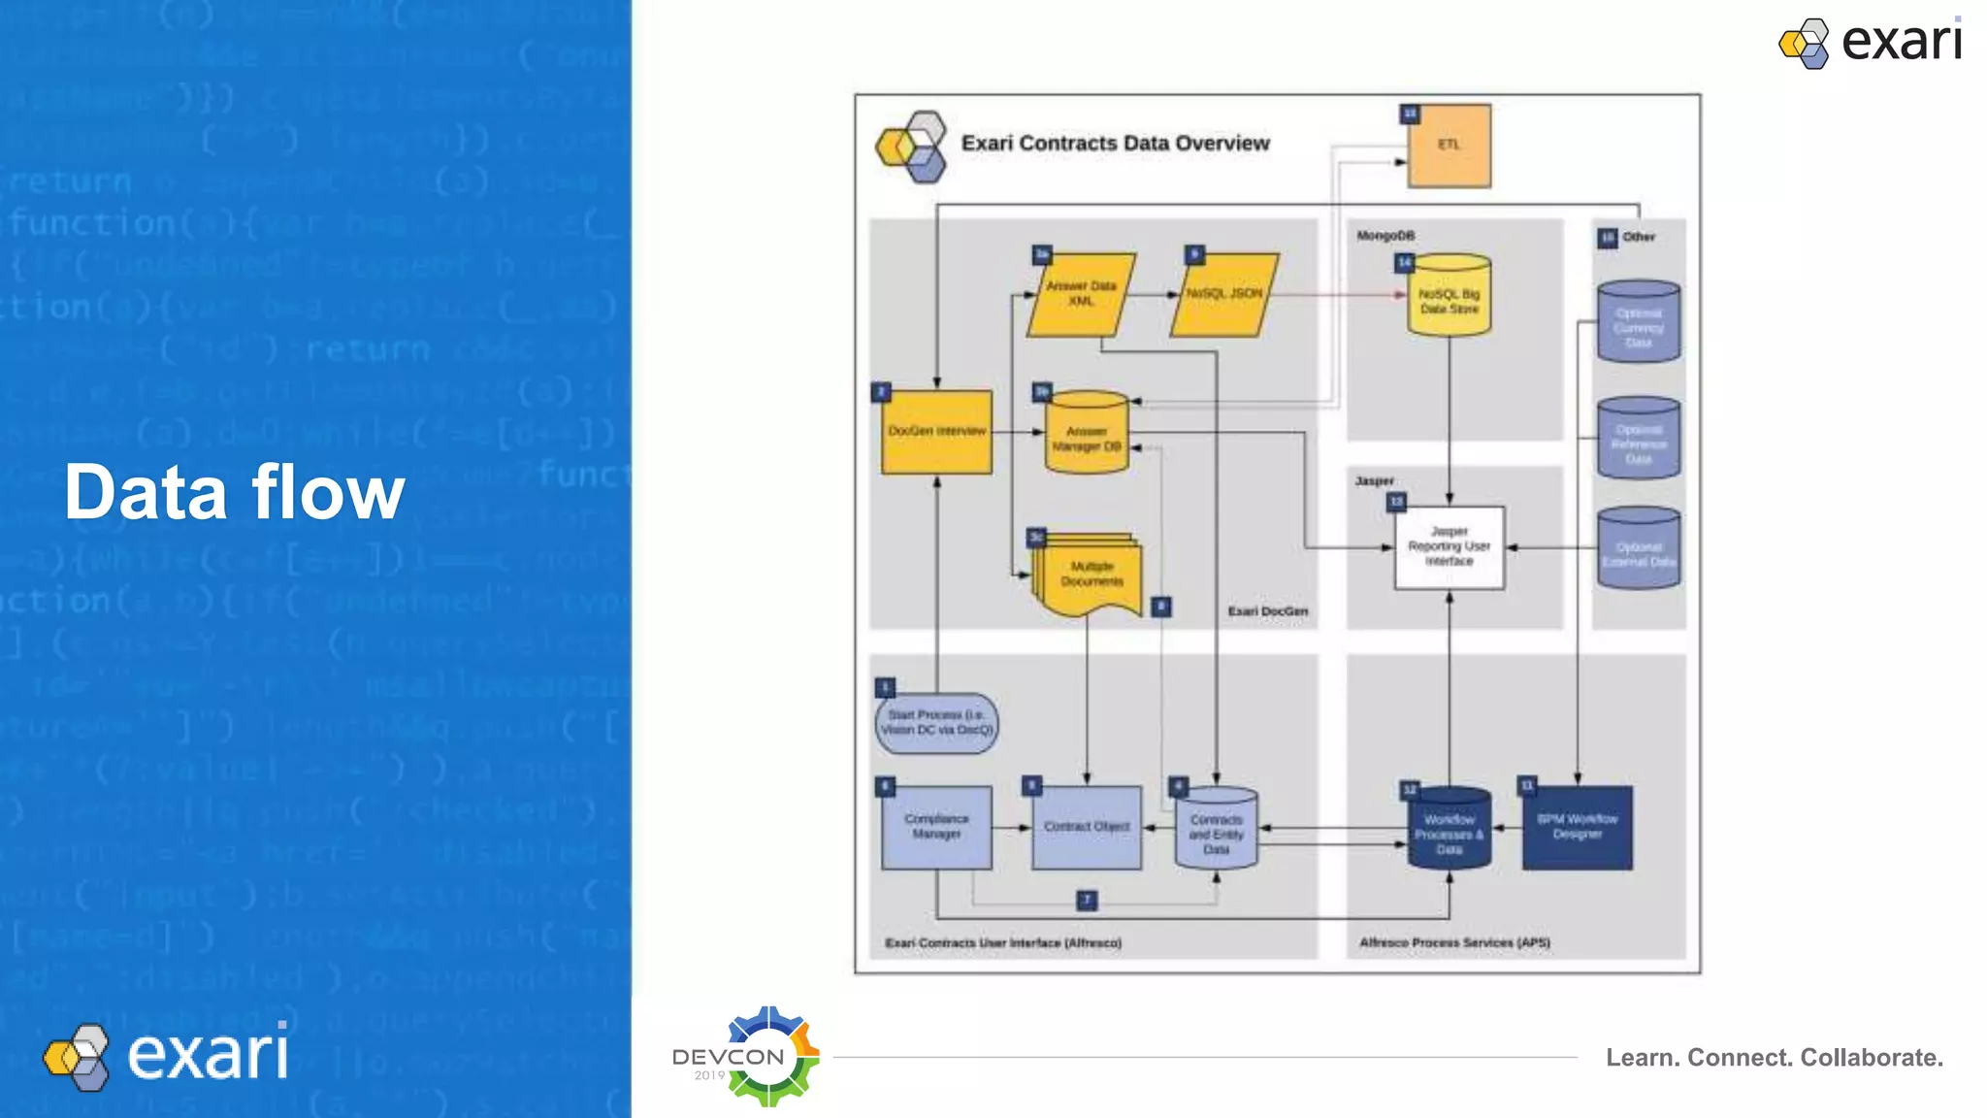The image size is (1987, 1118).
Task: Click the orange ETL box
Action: coord(1449,146)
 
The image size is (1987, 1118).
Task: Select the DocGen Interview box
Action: coord(936,432)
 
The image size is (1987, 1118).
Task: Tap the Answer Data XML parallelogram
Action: coord(1081,295)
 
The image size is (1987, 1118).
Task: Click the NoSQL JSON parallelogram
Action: coord(1224,295)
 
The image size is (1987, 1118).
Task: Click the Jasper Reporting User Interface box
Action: coord(1449,547)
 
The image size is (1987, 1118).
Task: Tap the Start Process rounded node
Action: coord(936,723)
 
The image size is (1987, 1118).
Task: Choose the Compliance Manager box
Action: coord(936,827)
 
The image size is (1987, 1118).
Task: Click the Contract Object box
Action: coord(1086,827)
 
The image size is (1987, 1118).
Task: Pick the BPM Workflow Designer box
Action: coord(1577,827)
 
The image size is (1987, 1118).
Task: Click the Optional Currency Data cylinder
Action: coord(1638,323)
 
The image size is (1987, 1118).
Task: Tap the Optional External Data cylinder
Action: coord(1638,550)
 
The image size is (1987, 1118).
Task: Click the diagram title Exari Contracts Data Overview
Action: coord(1115,144)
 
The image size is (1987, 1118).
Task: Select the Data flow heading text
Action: coord(234,493)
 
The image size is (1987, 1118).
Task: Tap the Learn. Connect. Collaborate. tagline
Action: coord(1774,1058)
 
